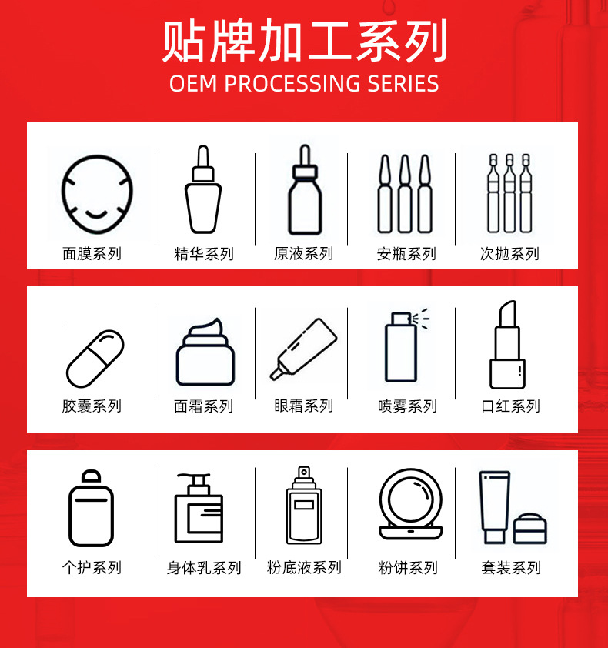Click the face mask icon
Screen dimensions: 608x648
(97, 194)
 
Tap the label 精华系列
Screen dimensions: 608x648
(204, 254)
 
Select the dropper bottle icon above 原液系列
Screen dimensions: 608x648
(305, 189)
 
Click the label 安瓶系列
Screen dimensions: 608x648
(406, 254)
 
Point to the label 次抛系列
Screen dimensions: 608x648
(509, 254)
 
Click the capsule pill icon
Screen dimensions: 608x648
(95, 359)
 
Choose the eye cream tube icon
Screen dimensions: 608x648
(303, 349)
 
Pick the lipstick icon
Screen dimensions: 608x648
(507, 345)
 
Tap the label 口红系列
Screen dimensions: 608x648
(510, 406)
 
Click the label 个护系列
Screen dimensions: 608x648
(92, 567)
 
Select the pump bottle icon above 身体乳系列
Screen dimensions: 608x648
(199, 508)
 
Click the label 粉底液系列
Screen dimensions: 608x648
(304, 567)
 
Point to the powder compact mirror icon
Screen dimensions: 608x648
(411, 504)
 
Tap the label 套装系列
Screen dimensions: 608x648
(511, 567)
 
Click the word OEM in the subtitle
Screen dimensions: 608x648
(193, 83)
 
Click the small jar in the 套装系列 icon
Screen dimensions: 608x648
(530, 529)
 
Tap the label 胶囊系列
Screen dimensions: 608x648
(92, 406)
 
